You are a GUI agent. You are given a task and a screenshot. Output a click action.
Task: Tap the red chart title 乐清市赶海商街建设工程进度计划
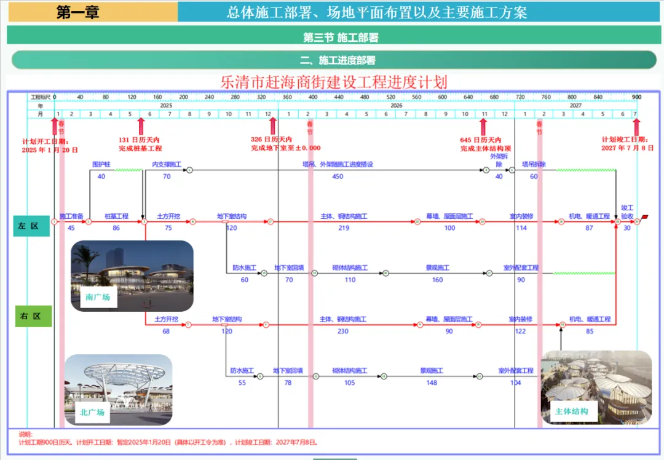coord(334,82)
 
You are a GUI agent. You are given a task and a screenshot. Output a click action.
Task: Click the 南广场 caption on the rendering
coord(98,298)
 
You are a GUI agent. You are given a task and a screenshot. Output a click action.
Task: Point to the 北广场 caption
coord(92,412)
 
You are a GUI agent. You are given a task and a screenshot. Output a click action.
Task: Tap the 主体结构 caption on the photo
coord(571,411)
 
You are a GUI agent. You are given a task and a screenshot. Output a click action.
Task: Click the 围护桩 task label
coord(101,165)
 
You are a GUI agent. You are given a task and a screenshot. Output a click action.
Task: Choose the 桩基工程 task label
coord(116,216)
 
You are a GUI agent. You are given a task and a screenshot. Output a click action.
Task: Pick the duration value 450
coord(338,176)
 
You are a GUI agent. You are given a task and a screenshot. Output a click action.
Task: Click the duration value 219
coord(343,228)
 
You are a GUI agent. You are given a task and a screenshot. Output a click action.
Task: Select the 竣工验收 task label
coord(627,212)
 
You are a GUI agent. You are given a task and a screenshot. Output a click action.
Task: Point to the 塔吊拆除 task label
coord(534,165)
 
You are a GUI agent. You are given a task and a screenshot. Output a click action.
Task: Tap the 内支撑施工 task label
coord(167,165)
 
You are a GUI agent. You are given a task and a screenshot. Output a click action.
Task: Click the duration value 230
coord(342,331)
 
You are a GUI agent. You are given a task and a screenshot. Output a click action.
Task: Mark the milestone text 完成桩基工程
coord(140,148)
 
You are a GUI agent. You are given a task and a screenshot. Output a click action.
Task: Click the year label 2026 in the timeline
coord(396,105)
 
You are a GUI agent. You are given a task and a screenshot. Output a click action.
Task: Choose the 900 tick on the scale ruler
coord(636,97)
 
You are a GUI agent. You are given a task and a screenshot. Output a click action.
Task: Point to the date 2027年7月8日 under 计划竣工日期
coord(627,148)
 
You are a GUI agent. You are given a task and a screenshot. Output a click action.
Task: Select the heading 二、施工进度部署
coord(338,60)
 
